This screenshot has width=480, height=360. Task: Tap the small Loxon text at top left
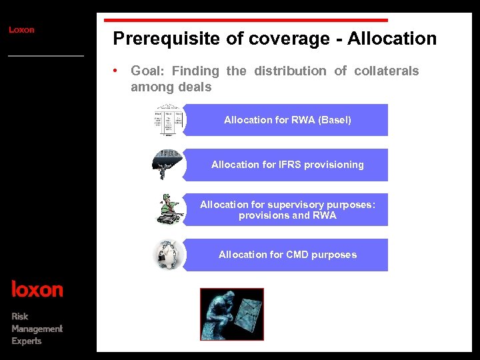[x=21, y=30]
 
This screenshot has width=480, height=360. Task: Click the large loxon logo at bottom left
[x=37, y=289]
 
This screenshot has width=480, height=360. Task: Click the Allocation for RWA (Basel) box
[x=287, y=120]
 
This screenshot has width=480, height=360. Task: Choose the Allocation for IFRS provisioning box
[x=287, y=165]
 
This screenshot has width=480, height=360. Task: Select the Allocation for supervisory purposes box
[x=287, y=210]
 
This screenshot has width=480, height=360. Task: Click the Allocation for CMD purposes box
[x=287, y=255]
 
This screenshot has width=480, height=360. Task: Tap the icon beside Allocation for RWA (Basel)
[x=169, y=120]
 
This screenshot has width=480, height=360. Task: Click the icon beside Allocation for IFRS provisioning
[x=167, y=165]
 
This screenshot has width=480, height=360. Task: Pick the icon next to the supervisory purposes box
[x=169, y=209]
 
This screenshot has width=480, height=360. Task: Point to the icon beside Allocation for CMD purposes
[x=169, y=255]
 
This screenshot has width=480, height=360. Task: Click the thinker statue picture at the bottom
[x=232, y=314]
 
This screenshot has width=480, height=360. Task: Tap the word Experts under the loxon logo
[x=27, y=341]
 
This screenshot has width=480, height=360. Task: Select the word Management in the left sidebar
[x=37, y=329]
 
